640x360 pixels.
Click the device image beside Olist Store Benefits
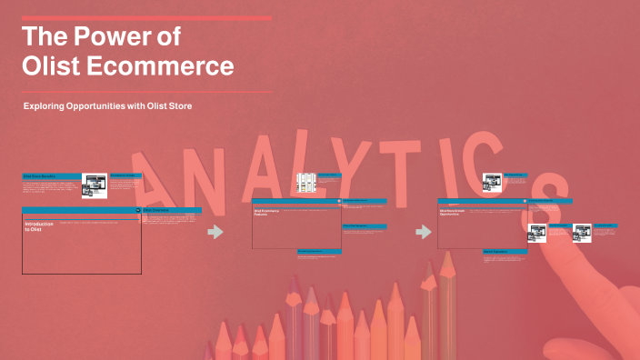pos(95,185)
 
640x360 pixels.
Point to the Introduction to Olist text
pos(42,226)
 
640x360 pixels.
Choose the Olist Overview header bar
pos(172,210)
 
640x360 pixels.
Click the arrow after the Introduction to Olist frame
pos(215,232)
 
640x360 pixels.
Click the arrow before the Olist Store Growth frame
pos(423,232)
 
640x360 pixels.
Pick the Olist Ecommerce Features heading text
pos(266,212)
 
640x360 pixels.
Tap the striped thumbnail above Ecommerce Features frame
pos(306,181)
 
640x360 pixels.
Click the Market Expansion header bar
pos(503,251)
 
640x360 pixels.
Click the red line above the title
pos(145,18)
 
